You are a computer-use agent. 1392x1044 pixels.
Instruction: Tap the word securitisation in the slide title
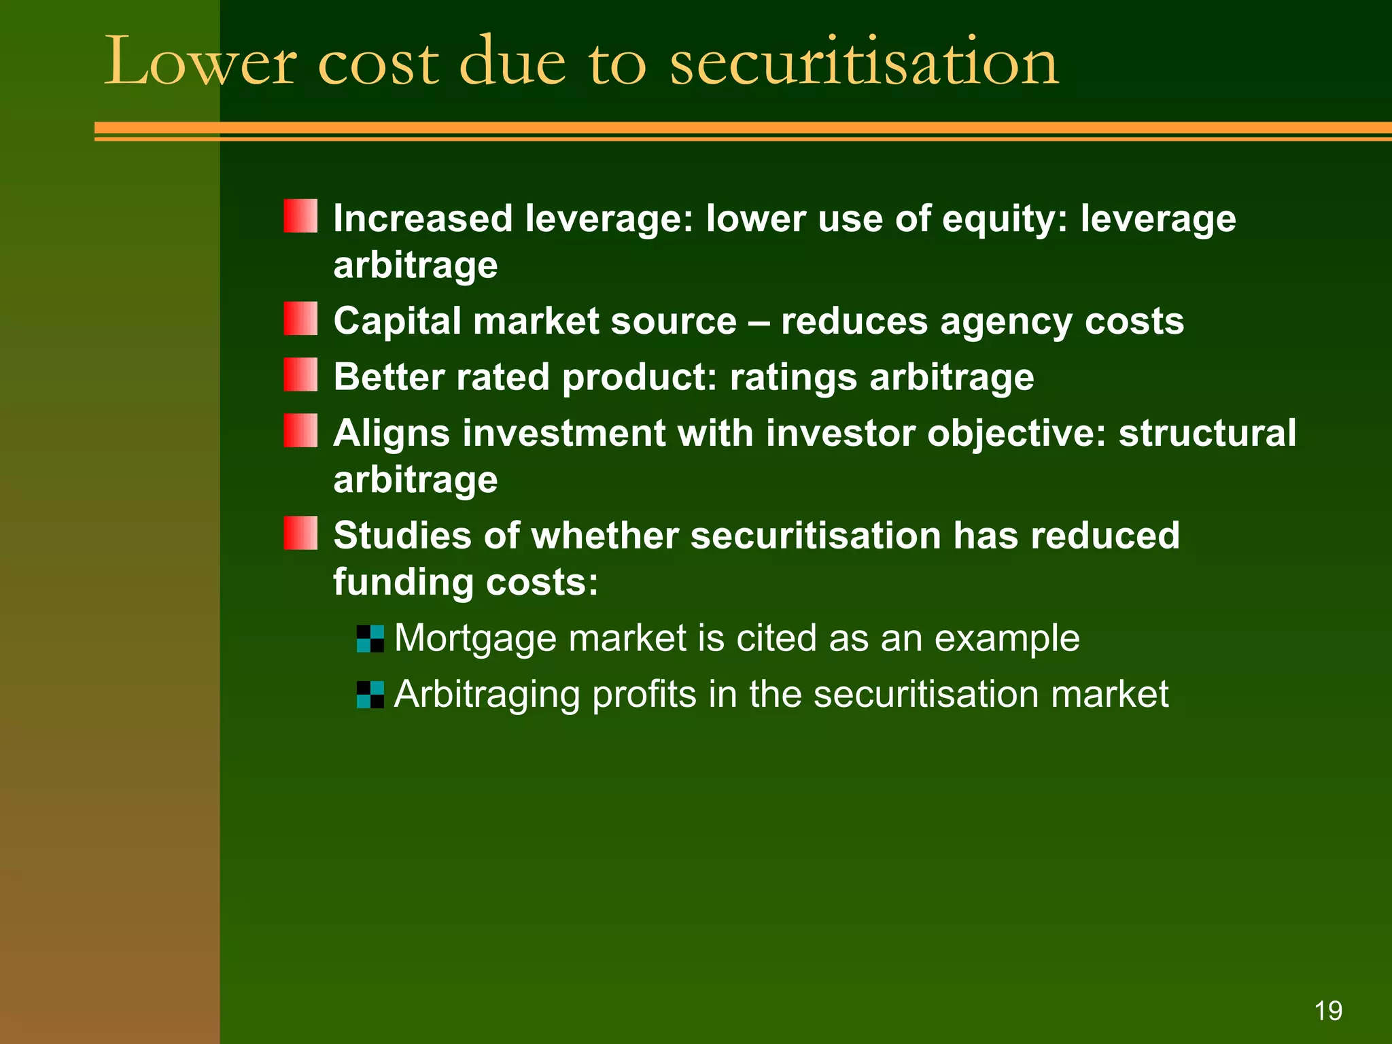[864, 63]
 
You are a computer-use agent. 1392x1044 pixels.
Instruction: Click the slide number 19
[1328, 1011]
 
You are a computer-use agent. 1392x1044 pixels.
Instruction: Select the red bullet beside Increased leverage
[300, 216]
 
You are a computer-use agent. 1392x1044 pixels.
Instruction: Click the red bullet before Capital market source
[300, 319]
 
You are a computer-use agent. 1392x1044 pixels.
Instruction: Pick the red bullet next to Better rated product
[300, 375]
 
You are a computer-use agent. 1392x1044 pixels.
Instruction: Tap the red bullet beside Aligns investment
[300, 431]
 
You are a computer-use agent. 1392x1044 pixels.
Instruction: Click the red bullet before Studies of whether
[300, 533]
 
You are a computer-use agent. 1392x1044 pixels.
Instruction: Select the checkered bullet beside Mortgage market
[370, 639]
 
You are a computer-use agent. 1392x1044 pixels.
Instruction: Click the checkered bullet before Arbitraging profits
[370, 695]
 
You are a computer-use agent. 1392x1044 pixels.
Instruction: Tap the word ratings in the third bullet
[793, 377]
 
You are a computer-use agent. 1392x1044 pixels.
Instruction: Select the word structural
[1207, 433]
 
